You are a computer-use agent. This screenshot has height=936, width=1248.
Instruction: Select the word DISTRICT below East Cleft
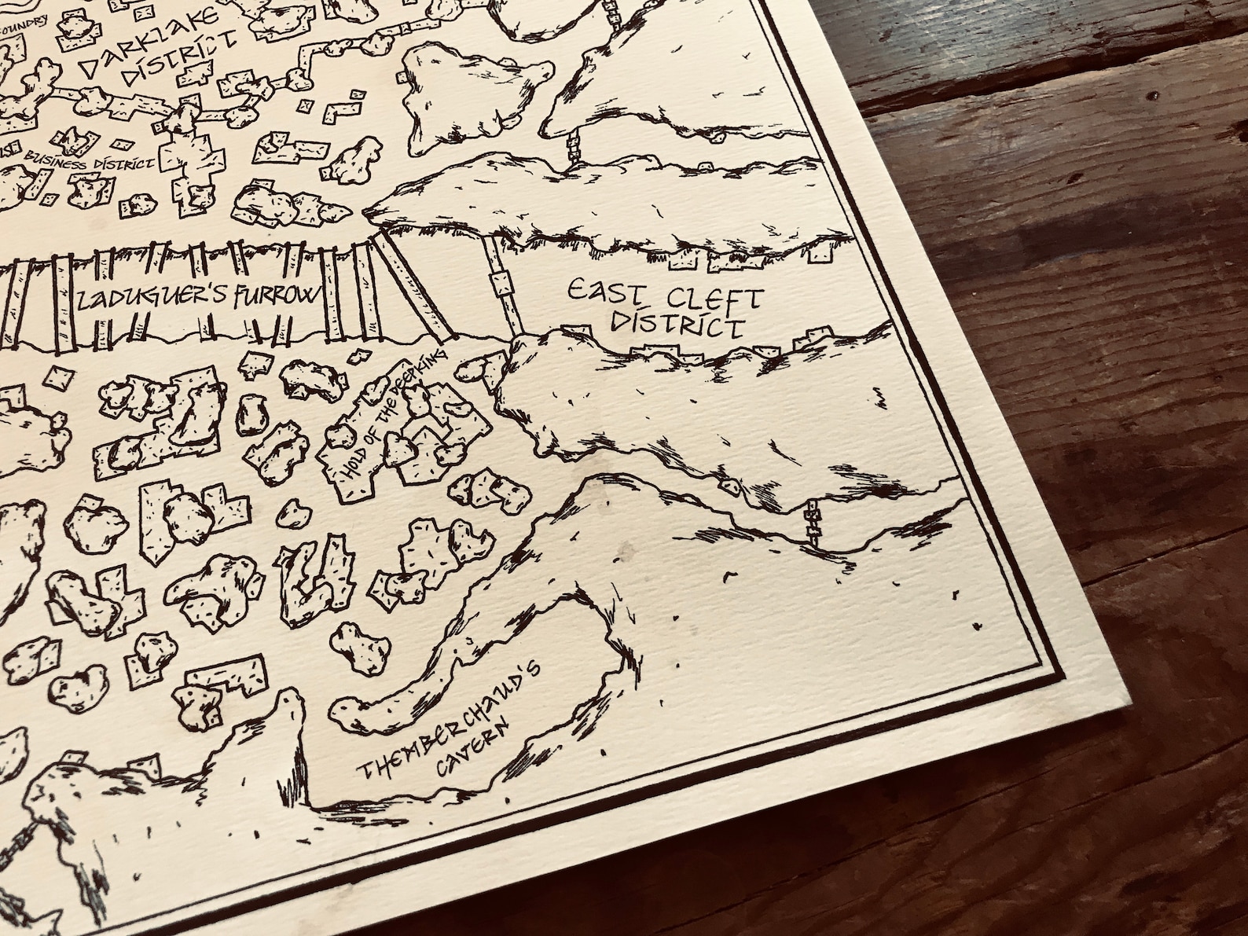pyautogui.click(x=677, y=325)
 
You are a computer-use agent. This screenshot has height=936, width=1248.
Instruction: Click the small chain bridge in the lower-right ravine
pyautogui.click(x=813, y=525)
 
